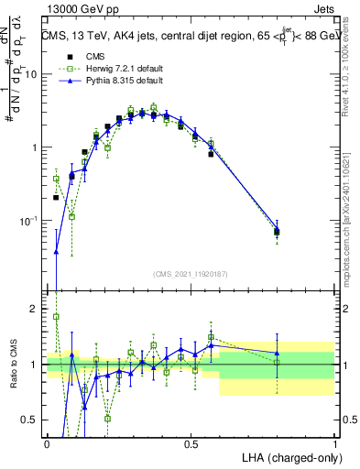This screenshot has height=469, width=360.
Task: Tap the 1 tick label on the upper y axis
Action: pyautogui.click(x=35, y=147)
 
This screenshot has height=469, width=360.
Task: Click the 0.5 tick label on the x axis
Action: pyautogui.click(x=191, y=442)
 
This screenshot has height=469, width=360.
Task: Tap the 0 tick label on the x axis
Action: pyautogui.click(x=47, y=442)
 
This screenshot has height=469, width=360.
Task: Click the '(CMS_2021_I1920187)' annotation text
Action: pyautogui.click(x=191, y=274)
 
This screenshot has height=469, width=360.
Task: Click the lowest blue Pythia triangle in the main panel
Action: pyautogui.click(x=56, y=252)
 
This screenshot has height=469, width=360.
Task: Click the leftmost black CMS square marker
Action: pyautogui.click(x=56, y=197)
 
